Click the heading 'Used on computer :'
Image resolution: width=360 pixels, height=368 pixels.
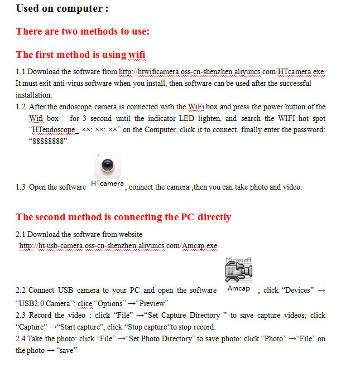point(62,8)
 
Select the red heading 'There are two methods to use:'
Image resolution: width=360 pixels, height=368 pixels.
point(83,31)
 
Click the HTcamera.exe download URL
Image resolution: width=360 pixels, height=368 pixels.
point(221,72)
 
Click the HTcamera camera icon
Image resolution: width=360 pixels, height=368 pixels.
point(107,165)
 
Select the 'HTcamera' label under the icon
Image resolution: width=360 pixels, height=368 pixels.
point(107,184)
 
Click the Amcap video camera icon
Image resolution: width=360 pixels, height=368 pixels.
point(238,271)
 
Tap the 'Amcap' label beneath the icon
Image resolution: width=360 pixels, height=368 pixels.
point(238,288)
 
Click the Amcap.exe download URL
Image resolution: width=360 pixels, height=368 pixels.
point(118,245)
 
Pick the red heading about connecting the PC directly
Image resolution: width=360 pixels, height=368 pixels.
point(123,217)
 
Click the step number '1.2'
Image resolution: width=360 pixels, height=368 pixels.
point(21,106)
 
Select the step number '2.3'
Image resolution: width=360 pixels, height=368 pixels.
point(21,316)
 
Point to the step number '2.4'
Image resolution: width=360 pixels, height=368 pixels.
point(21,339)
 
